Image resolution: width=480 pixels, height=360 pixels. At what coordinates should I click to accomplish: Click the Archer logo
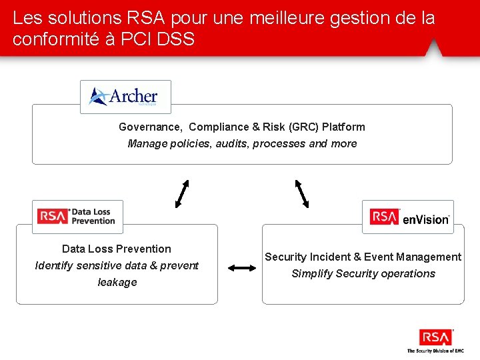click(x=125, y=97)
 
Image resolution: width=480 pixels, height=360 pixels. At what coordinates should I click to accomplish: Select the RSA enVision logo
click(x=408, y=217)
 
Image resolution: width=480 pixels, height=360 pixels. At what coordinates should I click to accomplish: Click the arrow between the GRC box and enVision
click(x=303, y=193)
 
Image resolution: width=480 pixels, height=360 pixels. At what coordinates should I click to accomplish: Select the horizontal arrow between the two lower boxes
click(x=242, y=268)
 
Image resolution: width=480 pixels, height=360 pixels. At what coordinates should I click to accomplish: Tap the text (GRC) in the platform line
click(x=305, y=127)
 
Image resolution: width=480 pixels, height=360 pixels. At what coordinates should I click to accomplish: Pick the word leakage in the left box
click(x=117, y=282)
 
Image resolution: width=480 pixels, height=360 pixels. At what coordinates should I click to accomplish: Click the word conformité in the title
click(x=55, y=39)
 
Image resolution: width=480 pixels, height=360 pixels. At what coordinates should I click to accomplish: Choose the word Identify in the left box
click(x=55, y=265)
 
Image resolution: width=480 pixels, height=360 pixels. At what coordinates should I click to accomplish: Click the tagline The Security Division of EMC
click(x=435, y=351)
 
